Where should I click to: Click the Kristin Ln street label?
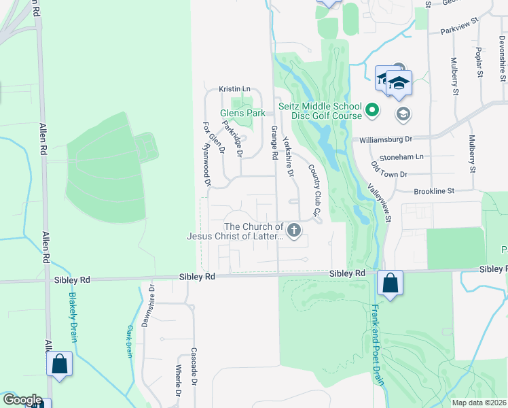[234, 89]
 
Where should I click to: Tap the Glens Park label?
[242, 114]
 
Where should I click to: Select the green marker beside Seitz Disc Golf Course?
[371, 109]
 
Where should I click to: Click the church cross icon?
[294, 231]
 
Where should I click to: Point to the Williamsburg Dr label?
[386, 139]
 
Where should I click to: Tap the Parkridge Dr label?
[232, 139]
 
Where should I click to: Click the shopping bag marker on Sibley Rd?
[391, 283]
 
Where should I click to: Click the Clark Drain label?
[128, 341]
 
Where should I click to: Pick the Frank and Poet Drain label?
[376, 344]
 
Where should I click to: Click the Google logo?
[22, 400]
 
